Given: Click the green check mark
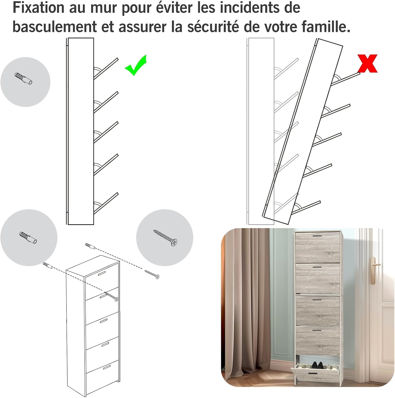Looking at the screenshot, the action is click(x=135, y=66).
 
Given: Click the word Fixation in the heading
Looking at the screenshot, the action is click(x=39, y=8).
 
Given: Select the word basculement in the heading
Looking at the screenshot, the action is click(x=55, y=27).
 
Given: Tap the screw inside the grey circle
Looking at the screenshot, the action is click(x=165, y=238).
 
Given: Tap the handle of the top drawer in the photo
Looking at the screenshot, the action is click(x=317, y=235).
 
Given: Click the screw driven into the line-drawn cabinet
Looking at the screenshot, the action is click(x=111, y=296).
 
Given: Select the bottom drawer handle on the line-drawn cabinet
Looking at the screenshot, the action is click(x=107, y=367).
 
